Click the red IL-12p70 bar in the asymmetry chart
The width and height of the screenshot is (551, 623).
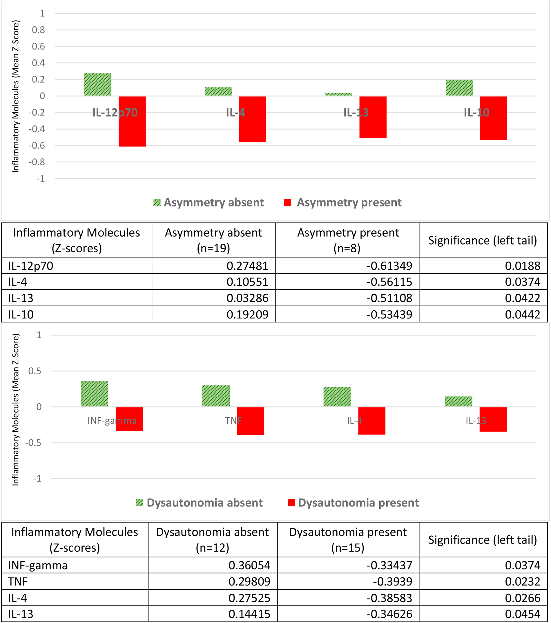[x=132, y=121]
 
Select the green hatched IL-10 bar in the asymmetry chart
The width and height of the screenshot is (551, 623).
[x=459, y=88]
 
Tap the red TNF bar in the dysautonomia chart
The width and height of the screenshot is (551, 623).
[x=250, y=421]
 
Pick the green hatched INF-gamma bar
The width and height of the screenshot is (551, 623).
[x=95, y=394]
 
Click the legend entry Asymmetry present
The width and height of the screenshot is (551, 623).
[x=342, y=202]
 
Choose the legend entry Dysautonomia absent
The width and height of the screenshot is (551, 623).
[x=199, y=503]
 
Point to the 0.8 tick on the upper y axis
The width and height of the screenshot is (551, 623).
[x=38, y=30]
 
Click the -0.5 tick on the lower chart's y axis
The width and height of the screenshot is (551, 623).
[x=33, y=443]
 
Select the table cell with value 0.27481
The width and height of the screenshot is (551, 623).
[x=247, y=266]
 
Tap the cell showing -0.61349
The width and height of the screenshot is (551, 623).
[x=389, y=266]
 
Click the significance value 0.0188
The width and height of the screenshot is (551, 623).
[x=522, y=266]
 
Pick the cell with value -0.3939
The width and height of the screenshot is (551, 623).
[x=393, y=582]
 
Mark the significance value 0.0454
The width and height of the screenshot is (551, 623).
[x=522, y=614]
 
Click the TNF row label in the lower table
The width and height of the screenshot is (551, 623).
[x=18, y=582]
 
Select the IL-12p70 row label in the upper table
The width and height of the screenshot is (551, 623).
[x=30, y=266]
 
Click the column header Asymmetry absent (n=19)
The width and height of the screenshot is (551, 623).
[x=213, y=240]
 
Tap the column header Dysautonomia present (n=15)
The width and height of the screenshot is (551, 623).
[x=348, y=540]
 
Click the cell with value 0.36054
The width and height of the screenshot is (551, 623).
[x=249, y=565]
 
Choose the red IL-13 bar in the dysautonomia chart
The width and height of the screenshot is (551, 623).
[x=493, y=419]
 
